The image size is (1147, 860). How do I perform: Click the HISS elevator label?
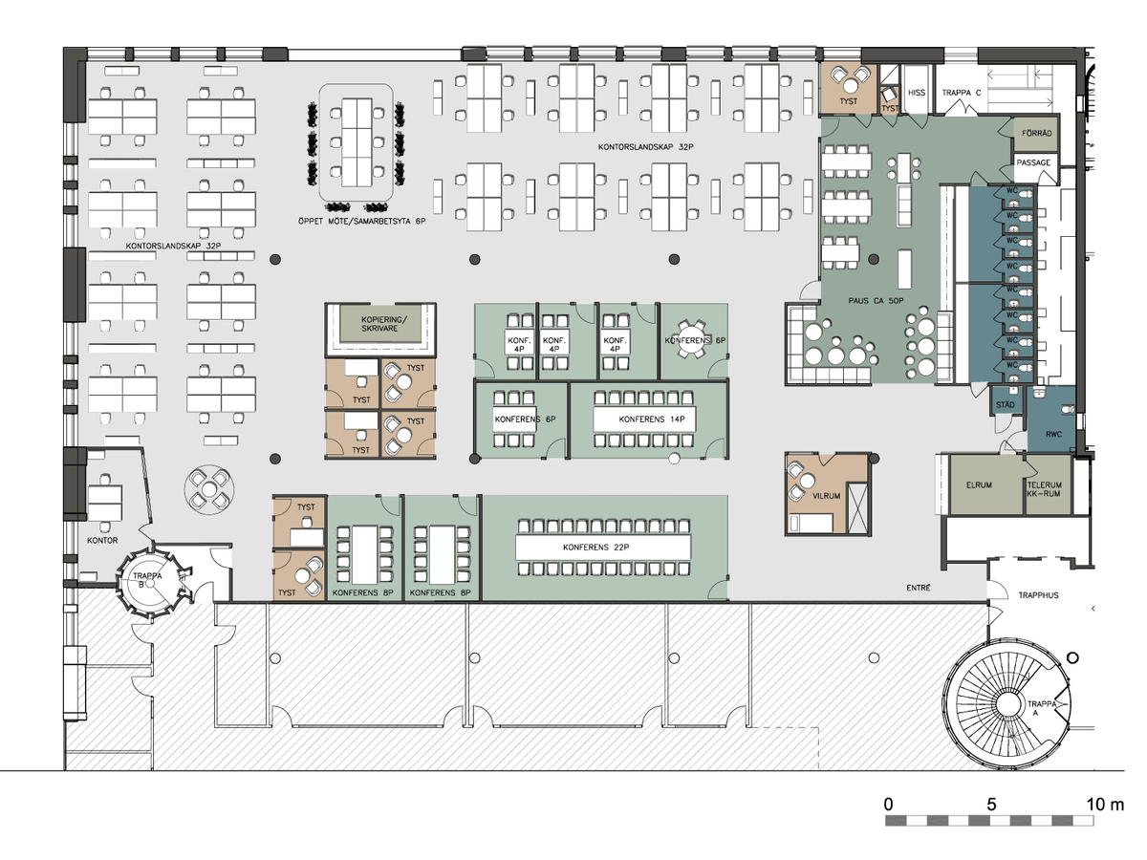[x=916, y=93]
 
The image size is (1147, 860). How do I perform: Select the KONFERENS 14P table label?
[x=652, y=419]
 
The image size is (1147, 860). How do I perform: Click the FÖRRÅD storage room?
[x=1037, y=134]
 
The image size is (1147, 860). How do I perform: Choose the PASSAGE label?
[x=1033, y=162]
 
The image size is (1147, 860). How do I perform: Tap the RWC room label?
[x=1053, y=435]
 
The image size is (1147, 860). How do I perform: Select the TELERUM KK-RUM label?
[x=1044, y=488]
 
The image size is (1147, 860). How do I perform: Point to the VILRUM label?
[x=826, y=496]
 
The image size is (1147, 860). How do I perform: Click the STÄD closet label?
[x=1005, y=404]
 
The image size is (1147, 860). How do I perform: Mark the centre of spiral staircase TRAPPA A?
[x=1006, y=704]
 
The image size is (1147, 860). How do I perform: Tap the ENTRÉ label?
[x=919, y=588]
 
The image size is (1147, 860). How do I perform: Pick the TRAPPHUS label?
[x=1038, y=594]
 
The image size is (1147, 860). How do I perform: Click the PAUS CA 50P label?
[x=876, y=300]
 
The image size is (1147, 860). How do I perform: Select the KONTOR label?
[x=102, y=540]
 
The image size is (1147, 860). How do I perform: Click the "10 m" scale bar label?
[x=1105, y=805]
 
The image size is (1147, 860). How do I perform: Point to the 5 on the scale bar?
[x=991, y=805]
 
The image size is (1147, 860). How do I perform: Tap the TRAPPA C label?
[x=962, y=93]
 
